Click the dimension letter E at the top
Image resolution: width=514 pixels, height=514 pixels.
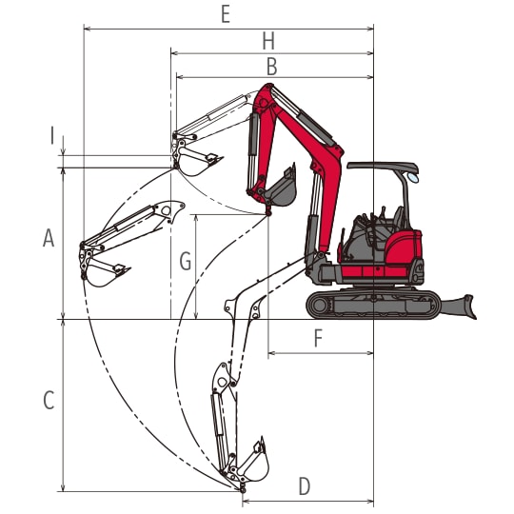click(x=226, y=14)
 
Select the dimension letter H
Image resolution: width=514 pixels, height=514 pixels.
click(x=268, y=42)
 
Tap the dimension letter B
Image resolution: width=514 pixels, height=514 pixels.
click(x=271, y=67)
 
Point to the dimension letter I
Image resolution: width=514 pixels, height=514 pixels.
click(x=51, y=136)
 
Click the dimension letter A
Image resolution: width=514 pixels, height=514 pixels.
click(x=49, y=238)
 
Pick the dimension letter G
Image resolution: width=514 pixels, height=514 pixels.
click(x=186, y=262)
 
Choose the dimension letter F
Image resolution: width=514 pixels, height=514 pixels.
click(x=318, y=338)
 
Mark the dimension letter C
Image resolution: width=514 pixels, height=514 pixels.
click(x=49, y=400)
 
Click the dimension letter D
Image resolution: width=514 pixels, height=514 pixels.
click(x=305, y=486)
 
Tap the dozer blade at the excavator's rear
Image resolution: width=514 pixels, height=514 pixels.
click(x=459, y=306)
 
